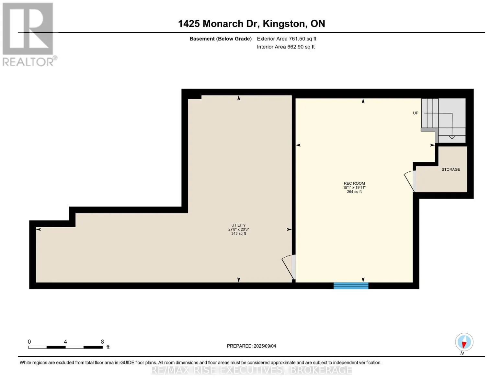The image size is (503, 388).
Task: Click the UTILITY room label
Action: tap(238, 225)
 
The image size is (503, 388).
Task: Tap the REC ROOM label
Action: tap(354, 183)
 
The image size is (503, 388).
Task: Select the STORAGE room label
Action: tap(451, 169)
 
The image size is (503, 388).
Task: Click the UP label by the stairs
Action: tap(416, 113)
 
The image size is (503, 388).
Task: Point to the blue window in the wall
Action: tap(351, 286)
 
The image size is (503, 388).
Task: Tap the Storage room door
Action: tap(410, 181)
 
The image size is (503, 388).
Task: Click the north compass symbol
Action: tap(464, 342)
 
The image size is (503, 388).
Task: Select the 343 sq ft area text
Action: tap(238, 234)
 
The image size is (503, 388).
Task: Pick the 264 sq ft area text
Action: tap(354, 191)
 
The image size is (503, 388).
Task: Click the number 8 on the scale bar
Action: tap(102, 341)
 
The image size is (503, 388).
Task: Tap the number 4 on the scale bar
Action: tap(65, 341)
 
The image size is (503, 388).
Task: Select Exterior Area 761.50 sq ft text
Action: tap(286, 39)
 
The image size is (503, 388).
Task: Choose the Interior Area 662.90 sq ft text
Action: tap(286, 47)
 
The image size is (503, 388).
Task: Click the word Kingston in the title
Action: tap(283, 24)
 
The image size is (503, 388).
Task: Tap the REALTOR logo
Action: tap(29, 35)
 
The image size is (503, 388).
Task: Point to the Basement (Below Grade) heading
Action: tap(220, 39)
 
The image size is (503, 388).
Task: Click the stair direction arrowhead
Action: tap(452, 137)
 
